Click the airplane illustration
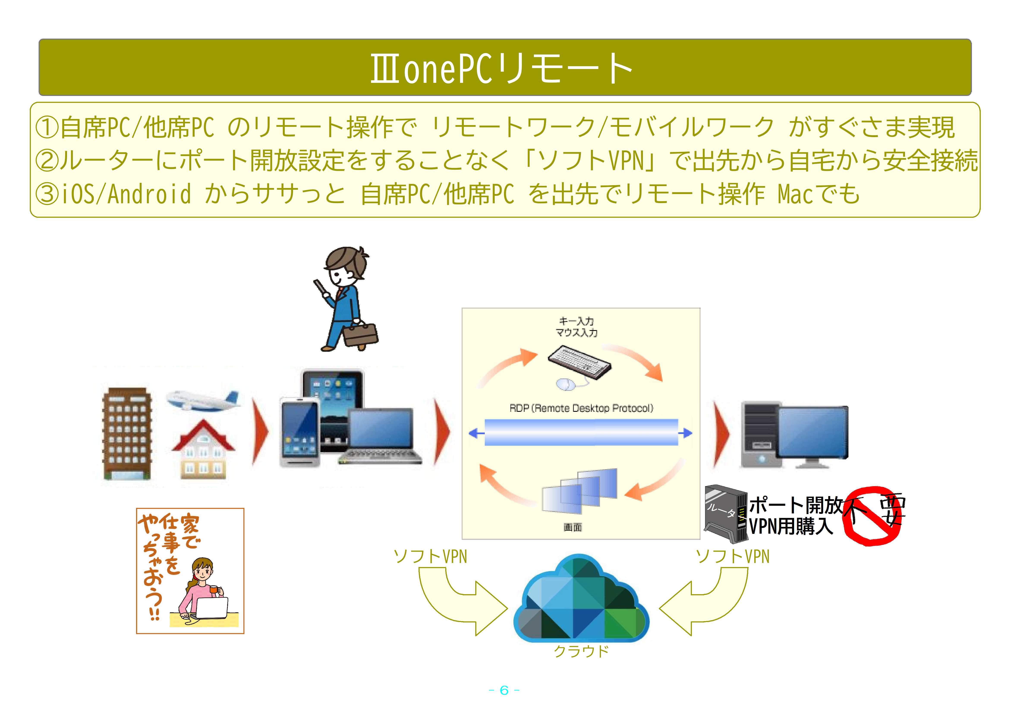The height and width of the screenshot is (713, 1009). coord(203,400)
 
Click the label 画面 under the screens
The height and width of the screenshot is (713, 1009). coord(573,527)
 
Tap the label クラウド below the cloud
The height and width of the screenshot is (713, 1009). coord(581,651)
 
